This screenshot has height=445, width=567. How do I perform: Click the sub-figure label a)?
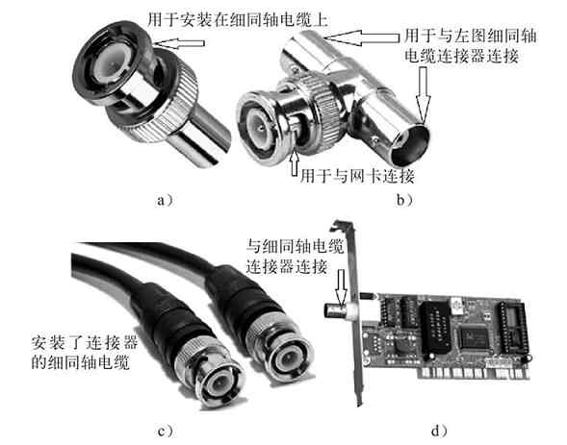click(x=166, y=200)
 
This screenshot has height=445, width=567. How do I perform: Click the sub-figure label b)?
click(x=405, y=200)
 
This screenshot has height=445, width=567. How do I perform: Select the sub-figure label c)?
click(x=166, y=431)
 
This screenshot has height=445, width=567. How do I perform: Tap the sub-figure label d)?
click(x=439, y=431)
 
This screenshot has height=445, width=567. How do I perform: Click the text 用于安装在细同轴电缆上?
click(x=238, y=19)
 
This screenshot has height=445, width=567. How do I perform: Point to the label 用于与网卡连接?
click(x=357, y=176)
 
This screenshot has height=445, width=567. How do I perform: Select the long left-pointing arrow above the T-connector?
click(x=362, y=37)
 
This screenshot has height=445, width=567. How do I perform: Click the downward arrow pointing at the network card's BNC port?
click(x=340, y=287)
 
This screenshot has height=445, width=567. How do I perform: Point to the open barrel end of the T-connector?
click(x=411, y=145)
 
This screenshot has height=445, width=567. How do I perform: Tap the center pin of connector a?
click(x=113, y=65)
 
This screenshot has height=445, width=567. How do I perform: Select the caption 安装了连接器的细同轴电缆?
click(x=85, y=352)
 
